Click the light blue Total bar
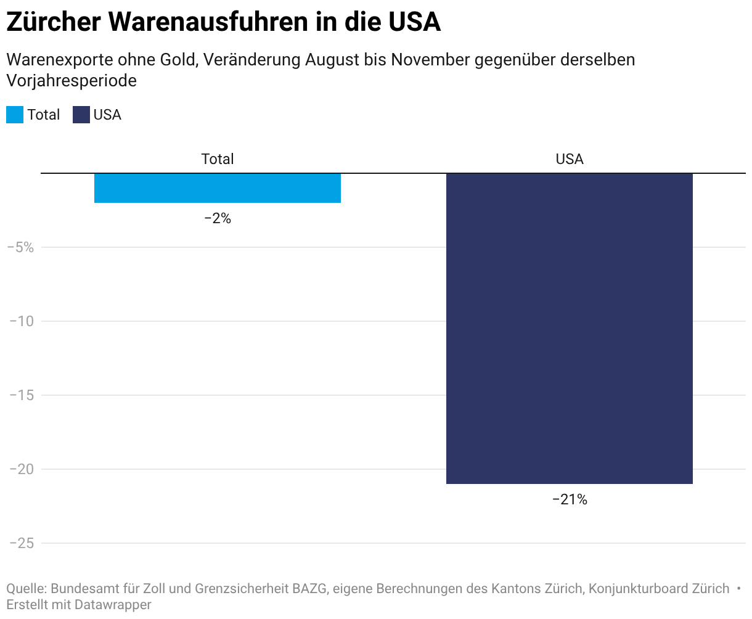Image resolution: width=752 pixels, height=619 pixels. (217, 188)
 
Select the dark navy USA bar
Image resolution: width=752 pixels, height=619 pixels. (569, 328)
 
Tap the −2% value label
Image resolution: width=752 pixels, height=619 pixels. (218, 218)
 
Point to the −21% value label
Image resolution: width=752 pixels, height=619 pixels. (570, 499)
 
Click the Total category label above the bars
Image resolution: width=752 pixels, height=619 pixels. (218, 159)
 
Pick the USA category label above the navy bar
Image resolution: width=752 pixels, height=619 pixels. (570, 159)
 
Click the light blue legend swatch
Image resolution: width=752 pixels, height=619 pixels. (15, 115)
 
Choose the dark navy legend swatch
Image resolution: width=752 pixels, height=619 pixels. (81, 115)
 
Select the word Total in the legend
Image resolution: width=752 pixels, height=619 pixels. (43, 115)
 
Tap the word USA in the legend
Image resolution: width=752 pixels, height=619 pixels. (107, 115)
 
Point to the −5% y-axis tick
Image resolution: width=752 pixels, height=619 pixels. (20, 247)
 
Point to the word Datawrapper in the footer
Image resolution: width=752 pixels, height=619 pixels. (113, 605)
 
